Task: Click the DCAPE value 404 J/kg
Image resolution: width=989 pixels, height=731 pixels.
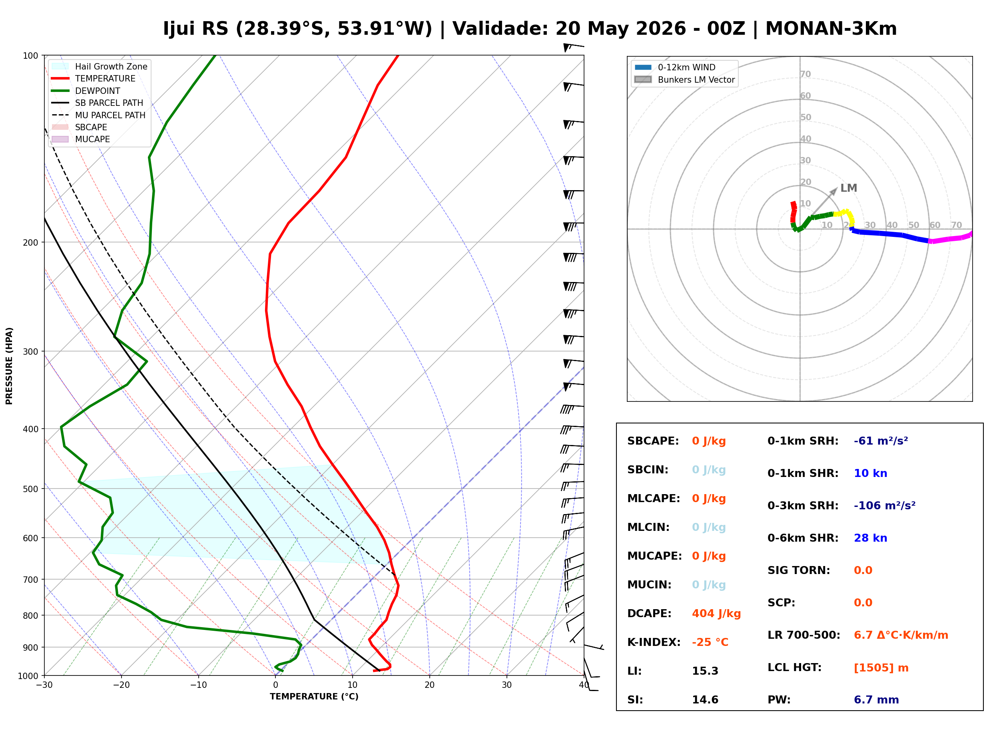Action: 716,613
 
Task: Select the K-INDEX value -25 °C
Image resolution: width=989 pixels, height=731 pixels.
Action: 710,642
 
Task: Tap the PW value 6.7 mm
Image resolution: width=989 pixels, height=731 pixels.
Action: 876,699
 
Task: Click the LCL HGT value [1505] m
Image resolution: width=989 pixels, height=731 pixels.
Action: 881,668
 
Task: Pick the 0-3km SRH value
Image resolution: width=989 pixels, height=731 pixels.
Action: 885,505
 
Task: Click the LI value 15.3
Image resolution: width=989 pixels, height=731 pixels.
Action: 705,671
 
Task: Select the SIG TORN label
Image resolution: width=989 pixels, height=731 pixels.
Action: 799,570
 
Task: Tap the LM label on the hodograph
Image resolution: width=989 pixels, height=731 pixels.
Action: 848,188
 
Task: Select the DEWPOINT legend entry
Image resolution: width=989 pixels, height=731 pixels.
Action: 86,91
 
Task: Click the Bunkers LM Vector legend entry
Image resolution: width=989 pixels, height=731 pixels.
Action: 684,79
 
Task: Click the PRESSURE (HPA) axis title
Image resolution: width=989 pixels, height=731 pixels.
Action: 9,365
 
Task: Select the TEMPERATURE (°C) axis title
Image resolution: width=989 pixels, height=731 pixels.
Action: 314,697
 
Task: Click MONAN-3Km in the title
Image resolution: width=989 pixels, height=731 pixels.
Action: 831,29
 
